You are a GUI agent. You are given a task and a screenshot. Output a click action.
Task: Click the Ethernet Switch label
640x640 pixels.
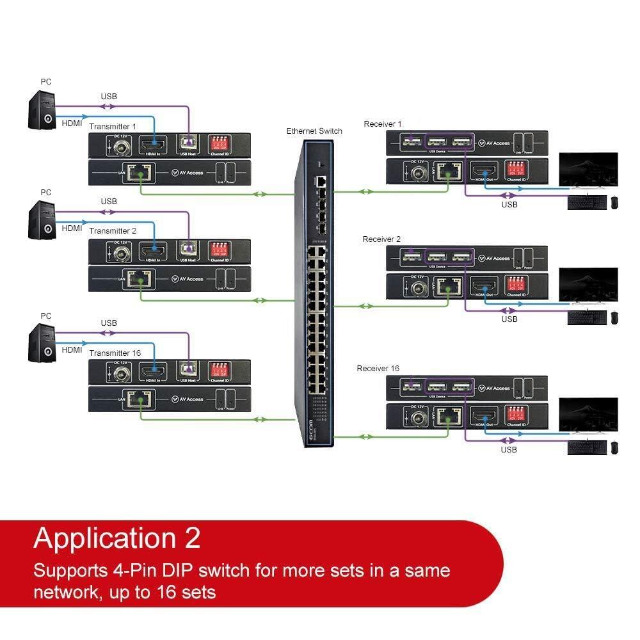pos(314,131)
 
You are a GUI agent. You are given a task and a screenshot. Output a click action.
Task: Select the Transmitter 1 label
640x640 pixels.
pos(113,126)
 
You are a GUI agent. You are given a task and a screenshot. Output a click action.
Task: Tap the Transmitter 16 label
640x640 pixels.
pos(115,353)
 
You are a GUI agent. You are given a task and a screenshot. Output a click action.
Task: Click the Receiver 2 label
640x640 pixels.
pos(381,239)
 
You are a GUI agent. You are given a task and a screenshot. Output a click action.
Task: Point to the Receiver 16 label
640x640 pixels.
pos(378,368)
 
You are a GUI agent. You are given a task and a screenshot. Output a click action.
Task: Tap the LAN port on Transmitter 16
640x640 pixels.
pos(139,400)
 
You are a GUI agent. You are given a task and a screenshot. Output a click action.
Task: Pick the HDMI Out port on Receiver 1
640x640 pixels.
pos(484,171)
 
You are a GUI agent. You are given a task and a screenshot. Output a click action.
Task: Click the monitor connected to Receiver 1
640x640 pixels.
pos(588,170)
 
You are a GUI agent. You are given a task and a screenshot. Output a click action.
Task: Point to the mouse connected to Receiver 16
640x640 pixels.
pos(614,448)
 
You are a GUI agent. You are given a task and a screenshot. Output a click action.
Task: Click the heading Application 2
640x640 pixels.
pos(116,538)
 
